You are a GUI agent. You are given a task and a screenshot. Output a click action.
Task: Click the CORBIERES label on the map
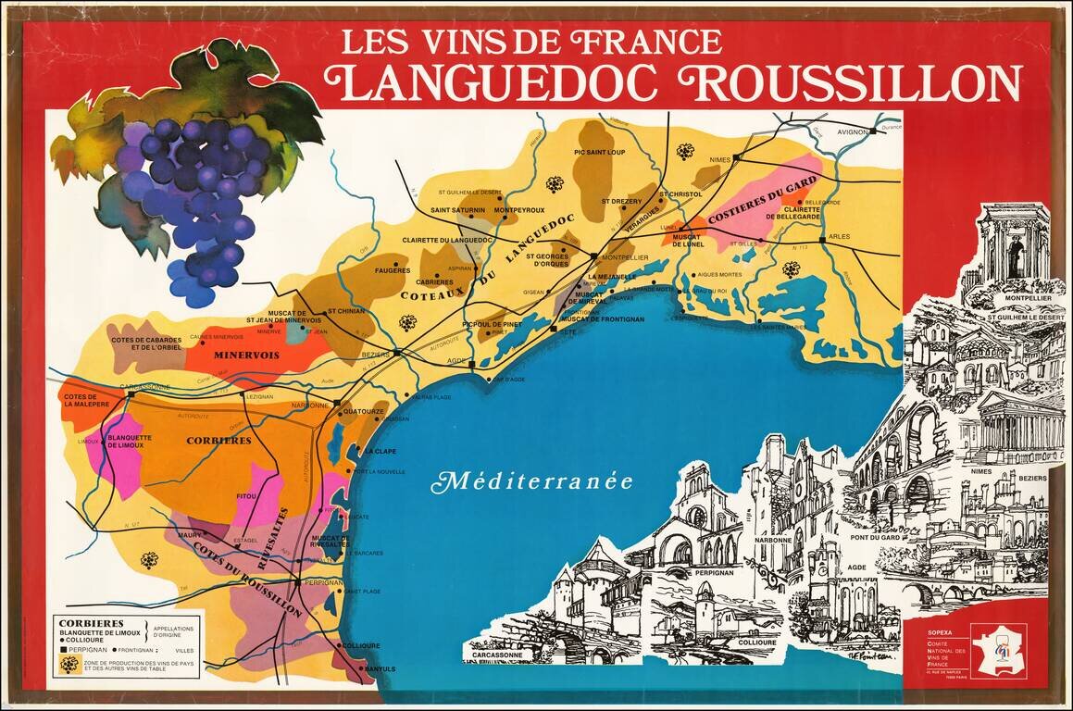coord(218,441)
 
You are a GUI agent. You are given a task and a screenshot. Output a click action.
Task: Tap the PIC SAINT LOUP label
coord(600,153)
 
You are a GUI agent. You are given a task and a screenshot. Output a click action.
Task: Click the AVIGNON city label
coord(850,132)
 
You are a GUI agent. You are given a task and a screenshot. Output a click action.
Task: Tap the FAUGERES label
coord(392,270)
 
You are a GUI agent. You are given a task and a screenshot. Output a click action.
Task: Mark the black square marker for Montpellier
coord(593,256)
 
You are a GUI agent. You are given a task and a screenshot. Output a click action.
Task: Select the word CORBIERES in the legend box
coord(86,623)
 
